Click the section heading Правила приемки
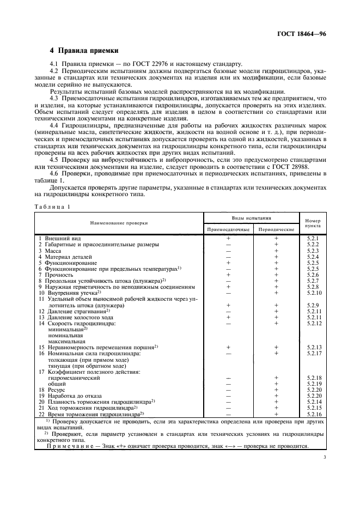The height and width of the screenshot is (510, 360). click(84, 51)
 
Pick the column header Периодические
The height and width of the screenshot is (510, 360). click(276, 229)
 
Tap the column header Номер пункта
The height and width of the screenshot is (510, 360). click(313, 222)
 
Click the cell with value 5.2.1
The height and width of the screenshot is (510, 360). click(313, 239)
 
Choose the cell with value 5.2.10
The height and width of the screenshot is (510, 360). click(313, 293)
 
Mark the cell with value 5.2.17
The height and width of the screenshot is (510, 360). click(313, 354)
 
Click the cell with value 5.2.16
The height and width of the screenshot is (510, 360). click(313, 415)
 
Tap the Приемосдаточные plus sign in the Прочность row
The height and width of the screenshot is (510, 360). click(228, 275)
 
